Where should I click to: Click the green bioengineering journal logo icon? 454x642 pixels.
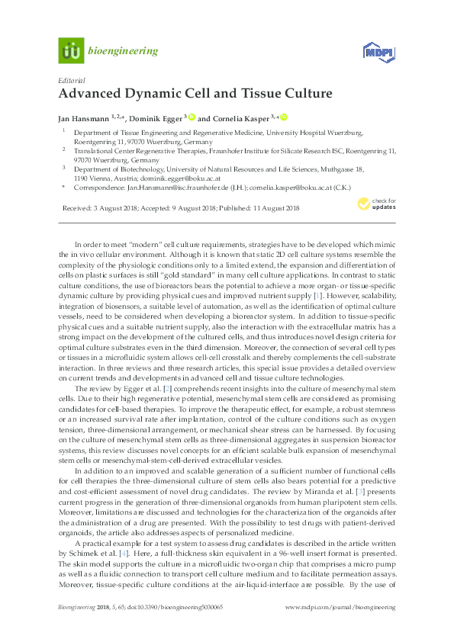(71, 52)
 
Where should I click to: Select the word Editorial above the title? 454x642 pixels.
(71, 80)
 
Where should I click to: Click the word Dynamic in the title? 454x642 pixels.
(150, 95)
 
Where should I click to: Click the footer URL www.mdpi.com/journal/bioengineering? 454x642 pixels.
(340, 606)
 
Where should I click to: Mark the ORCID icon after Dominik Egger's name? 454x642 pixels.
(192, 117)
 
